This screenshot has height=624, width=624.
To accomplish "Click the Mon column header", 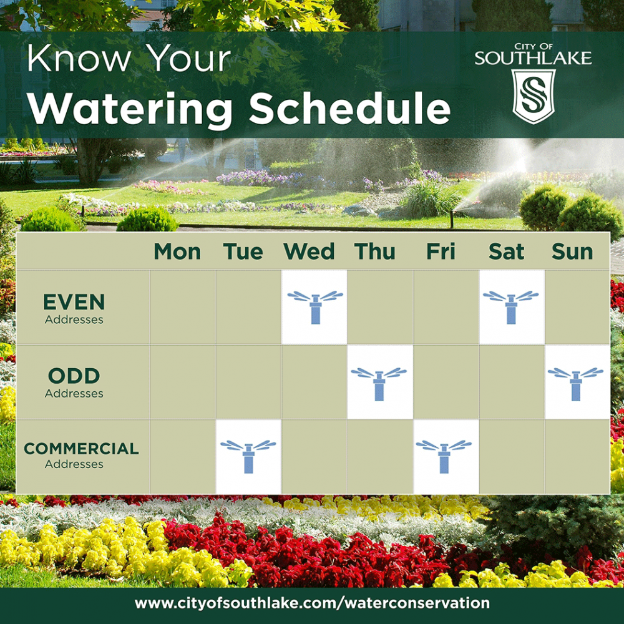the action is click(177, 251).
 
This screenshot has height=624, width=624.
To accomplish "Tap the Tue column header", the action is click(243, 251).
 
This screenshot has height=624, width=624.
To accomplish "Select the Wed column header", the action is click(310, 251).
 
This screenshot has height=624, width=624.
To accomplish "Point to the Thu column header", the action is click(375, 251).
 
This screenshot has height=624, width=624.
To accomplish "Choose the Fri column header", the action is click(441, 251).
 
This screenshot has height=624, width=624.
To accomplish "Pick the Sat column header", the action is click(507, 251).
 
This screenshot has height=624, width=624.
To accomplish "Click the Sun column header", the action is click(572, 251).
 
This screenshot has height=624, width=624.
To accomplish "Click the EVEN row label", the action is click(74, 308).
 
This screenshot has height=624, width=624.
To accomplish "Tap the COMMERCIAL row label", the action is click(81, 455).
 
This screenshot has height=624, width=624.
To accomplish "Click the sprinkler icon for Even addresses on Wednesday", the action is click(315, 307).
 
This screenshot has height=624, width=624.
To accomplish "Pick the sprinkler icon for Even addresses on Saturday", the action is click(511, 307).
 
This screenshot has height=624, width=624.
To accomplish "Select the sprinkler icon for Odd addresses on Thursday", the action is click(379, 384).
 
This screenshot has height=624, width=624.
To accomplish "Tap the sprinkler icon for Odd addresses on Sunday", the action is click(575, 384).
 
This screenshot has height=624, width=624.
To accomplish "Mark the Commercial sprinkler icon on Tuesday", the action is click(248, 457).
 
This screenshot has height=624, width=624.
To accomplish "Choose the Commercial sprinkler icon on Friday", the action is click(444, 457).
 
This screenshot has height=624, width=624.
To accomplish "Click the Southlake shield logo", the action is click(534, 96).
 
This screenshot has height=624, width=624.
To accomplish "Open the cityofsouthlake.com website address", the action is click(312, 603).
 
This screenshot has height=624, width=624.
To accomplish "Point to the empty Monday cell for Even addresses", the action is click(183, 307).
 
